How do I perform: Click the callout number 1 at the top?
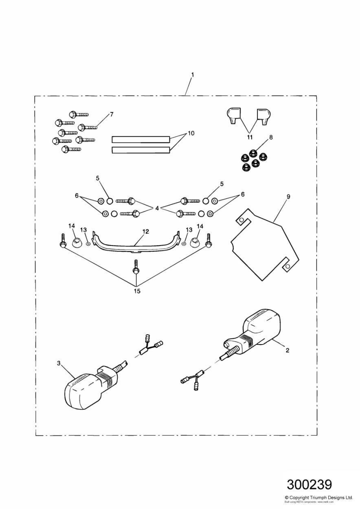pyautogui.click(x=193, y=75)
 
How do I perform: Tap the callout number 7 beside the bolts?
pyautogui.click(x=112, y=114)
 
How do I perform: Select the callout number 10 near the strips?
pyautogui.click(x=191, y=134)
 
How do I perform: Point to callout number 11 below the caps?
pyautogui.click(x=250, y=138)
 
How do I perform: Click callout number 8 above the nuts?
pyautogui.click(x=270, y=137)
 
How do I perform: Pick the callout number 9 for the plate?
pyautogui.click(x=288, y=197)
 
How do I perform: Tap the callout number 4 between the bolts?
pyautogui.click(x=156, y=208)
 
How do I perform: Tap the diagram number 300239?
pyautogui.click(x=309, y=485)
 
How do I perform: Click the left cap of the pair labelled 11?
pyautogui.click(x=233, y=114)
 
